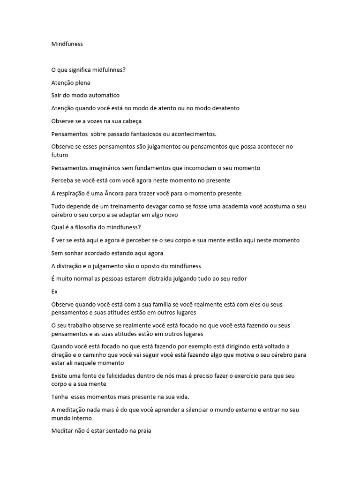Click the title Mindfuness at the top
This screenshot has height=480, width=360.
[67, 44]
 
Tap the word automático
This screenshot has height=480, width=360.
[103, 95]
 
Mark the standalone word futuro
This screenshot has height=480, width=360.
[60, 155]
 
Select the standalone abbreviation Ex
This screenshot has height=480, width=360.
[54, 291]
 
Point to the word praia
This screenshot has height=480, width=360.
[142, 431]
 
